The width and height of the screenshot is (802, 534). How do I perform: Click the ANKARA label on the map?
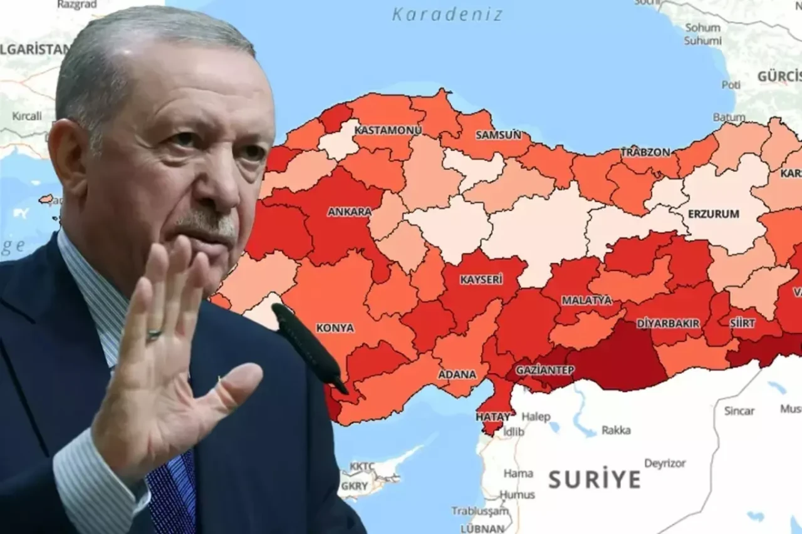point(349,212)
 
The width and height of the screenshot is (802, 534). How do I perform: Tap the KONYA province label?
point(335,327)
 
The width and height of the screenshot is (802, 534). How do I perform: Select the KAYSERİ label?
point(481,280)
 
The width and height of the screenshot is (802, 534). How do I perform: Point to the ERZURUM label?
point(713,213)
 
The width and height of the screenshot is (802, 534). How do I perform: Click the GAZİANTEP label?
point(544,370)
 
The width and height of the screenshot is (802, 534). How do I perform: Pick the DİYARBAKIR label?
point(667,323)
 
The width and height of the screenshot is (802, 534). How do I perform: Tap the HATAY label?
point(492,416)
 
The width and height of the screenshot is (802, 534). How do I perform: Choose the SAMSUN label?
point(498,135)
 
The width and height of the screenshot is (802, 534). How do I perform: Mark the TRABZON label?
point(645,152)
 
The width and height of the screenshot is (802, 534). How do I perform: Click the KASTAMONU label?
point(388,130)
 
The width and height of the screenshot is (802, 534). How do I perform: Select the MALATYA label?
point(586,300)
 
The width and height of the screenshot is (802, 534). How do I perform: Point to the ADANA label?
point(457,374)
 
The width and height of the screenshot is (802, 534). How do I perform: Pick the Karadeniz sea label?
point(447,14)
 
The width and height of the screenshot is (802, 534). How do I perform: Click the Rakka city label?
point(616,430)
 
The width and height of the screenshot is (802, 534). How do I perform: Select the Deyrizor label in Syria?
point(665,464)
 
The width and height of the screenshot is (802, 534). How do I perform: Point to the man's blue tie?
point(172,495)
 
